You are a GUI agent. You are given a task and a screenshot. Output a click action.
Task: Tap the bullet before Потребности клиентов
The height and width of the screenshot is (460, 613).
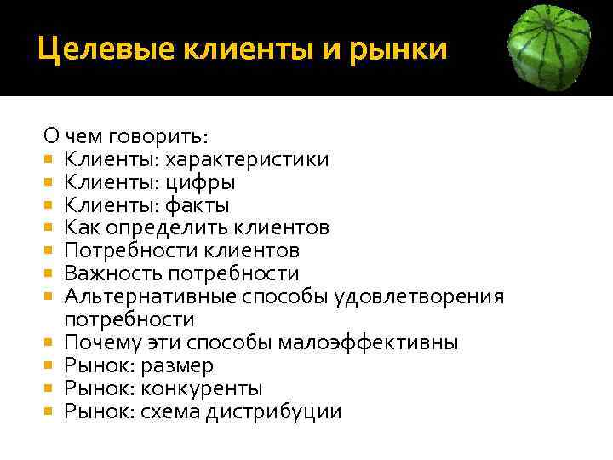click(50, 251)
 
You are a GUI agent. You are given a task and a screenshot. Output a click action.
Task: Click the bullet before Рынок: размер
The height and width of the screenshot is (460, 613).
click(50, 366)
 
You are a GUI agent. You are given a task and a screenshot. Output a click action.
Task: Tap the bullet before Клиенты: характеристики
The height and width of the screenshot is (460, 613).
click(50, 159)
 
